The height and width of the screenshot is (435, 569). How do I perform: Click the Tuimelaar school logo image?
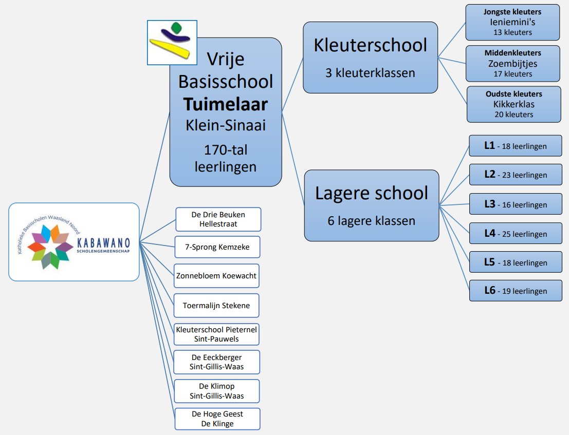coord(172,43)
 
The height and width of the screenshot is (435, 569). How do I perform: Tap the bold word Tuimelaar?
coord(225,104)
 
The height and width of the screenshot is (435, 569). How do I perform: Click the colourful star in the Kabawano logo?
coord(50,247)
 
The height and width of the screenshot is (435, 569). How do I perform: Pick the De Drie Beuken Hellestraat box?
coord(218,219)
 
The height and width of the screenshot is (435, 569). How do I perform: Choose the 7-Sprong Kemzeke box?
coord(217,247)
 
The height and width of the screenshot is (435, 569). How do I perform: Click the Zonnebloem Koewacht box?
coord(216,276)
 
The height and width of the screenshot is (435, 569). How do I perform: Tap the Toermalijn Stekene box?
coord(216,306)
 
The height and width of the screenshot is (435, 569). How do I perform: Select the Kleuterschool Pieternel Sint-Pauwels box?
coord(216,334)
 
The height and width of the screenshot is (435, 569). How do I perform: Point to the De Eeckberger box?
coord(216,362)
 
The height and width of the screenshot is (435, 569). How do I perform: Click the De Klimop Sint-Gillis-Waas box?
coord(216,391)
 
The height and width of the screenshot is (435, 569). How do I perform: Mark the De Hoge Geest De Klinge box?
coord(217,419)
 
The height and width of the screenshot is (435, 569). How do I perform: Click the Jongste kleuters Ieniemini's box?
coord(512,22)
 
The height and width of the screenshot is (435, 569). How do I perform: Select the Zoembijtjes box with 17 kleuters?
coord(513,64)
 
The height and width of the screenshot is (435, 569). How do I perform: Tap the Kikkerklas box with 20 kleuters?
coord(514,104)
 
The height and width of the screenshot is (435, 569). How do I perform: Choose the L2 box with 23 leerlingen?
coord(516,175)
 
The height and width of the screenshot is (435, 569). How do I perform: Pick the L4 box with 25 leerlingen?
coord(516,234)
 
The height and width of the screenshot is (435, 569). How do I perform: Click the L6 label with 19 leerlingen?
coord(516,291)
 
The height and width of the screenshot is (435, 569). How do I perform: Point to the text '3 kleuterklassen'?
coord(370,73)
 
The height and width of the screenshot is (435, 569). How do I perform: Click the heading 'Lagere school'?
coord(371,193)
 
